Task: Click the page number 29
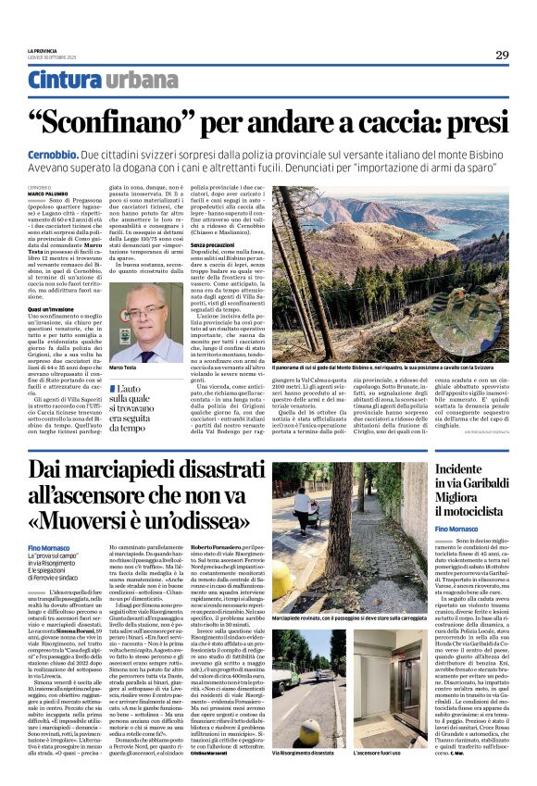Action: tap(501, 55)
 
